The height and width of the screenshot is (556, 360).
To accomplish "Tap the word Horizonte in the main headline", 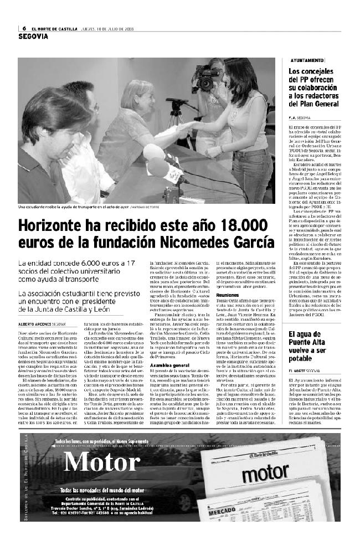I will tap(54, 226).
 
